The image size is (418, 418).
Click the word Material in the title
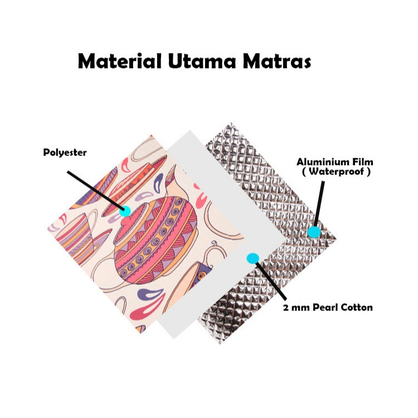click(113, 61)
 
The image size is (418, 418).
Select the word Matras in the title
click(276, 61)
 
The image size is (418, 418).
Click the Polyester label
click(65, 152)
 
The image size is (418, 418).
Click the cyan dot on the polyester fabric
click(125, 211)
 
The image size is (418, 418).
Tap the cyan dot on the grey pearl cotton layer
click(252, 258)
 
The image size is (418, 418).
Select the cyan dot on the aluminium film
click(315, 232)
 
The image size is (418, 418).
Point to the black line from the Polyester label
click(95, 191)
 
